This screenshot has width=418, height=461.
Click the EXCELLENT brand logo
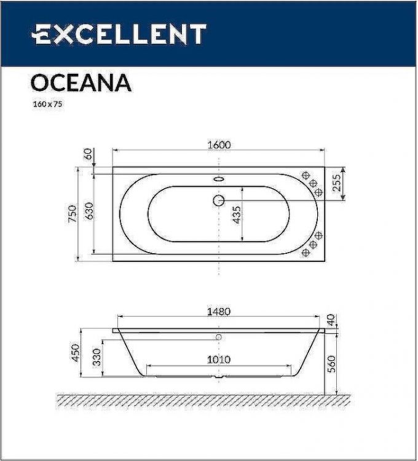tap(119, 34)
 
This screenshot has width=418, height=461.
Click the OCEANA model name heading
tap(80, 82)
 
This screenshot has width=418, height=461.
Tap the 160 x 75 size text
tap(47, 104)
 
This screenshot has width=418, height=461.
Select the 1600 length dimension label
tap(218, 144)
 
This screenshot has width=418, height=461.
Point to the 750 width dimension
tap(73, 213)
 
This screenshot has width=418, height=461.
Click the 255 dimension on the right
tap(337, 184)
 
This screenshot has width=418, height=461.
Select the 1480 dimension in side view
tap(218, 312)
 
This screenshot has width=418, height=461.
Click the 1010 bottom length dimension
tap(218, 360)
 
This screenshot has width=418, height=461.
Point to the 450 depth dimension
tap(76, 352)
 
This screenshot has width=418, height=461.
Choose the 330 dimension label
tap(97, 358)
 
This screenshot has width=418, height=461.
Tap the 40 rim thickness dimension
tap(332, 320)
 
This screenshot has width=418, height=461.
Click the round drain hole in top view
tap(219, 200)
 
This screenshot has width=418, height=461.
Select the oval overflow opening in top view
tap(219, 180)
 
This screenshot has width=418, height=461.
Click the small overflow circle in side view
tap(219, 337)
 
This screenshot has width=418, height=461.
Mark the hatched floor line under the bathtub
tap(203, 400)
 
